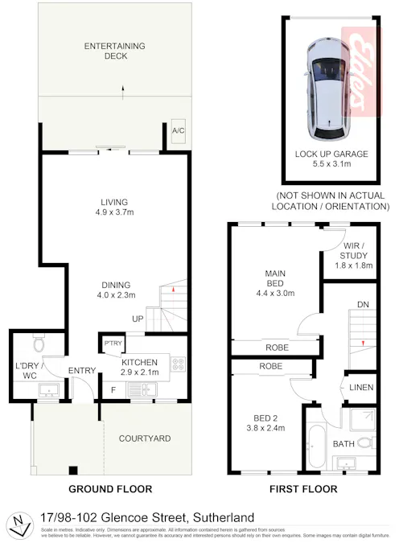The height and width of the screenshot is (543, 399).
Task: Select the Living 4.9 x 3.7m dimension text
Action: (x=115, y=213)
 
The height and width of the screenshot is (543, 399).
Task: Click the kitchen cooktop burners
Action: (x=179, y=364)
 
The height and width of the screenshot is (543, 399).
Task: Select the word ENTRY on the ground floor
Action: (x=82, y=370)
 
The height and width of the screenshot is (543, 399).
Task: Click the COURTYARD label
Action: (x=144, y=438)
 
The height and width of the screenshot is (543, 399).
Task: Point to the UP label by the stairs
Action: (x=138, y=319)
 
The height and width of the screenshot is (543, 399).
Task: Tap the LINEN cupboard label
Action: (x=362, y=388)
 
